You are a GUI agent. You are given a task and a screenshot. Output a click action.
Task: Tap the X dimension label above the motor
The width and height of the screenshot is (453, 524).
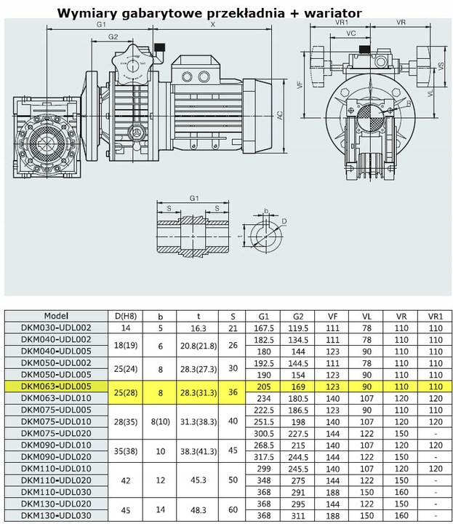212,24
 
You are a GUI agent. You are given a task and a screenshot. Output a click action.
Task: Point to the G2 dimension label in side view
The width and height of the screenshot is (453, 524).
113,37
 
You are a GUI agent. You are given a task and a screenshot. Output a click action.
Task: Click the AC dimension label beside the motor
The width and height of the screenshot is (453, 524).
280,115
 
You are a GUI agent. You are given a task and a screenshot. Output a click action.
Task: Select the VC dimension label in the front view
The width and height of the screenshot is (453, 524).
351,33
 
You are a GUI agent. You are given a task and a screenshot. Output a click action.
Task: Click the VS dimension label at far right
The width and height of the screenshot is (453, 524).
441,65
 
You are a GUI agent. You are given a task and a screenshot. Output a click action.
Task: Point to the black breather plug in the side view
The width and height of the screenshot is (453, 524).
159,47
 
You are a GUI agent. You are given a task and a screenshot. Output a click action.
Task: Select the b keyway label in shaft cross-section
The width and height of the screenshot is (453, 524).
266,210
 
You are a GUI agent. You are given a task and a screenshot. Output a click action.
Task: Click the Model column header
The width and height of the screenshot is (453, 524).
56,316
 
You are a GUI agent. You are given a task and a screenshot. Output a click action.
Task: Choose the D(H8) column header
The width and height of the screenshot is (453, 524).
126,317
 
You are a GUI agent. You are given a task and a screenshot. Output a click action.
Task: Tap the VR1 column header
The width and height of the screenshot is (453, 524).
436,317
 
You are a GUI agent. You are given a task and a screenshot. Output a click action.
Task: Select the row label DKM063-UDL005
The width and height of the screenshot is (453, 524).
56,386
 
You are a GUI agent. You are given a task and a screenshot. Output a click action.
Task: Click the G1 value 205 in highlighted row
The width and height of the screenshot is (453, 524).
263,387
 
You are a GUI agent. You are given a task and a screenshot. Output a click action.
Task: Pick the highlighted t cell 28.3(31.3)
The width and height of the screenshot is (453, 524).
199,393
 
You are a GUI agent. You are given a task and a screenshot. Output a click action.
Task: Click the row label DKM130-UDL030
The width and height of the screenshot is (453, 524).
56,515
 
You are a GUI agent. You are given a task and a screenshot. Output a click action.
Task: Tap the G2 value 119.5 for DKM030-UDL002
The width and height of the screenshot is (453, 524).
298,328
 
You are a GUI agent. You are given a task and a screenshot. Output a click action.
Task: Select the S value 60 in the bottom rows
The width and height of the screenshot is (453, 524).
233,509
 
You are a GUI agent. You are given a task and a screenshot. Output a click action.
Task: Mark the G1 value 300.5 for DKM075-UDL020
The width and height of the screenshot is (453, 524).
263,434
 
